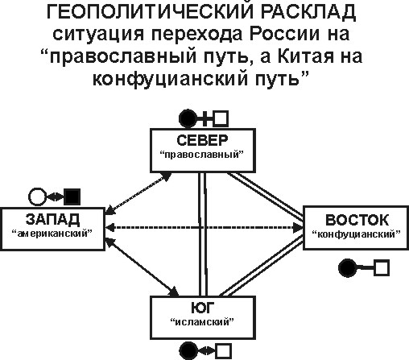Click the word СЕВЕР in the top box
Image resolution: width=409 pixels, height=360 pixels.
point(202,140)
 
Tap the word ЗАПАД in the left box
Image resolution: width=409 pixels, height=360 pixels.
point(52,219)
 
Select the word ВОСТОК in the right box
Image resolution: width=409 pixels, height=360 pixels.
point(357,220)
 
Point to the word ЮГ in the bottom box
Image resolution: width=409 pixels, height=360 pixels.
point(203,308)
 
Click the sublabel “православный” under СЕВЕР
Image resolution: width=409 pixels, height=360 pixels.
point(202,155)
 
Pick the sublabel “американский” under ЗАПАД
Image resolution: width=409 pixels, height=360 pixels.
point(52,234)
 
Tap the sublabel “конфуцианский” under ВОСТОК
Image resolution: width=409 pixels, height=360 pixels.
point(357,234)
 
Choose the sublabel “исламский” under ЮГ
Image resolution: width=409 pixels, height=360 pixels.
point(202,321)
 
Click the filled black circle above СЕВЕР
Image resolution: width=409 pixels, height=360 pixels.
point(188,118)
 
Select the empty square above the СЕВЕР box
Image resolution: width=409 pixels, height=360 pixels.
point(221,118)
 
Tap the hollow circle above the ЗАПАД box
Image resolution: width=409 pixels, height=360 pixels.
point(37,197)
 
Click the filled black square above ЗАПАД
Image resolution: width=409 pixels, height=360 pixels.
point(72,197)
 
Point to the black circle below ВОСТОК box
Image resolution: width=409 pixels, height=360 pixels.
point(348,267)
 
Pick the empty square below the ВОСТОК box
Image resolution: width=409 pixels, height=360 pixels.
point(382,267)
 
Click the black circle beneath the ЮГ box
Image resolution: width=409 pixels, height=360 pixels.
point(188,351)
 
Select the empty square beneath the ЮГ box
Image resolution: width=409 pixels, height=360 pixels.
point(224,351)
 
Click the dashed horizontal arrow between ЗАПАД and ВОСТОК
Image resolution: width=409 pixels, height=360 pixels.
point(204,228)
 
